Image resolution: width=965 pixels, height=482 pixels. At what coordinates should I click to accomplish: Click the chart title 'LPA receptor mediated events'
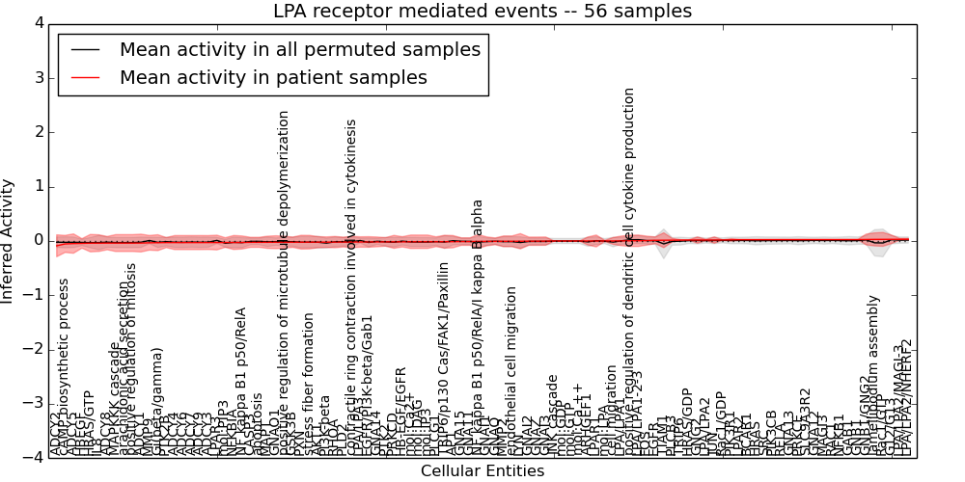coord(482,12)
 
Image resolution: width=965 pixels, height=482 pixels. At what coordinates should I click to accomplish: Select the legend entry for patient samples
coord(273,78)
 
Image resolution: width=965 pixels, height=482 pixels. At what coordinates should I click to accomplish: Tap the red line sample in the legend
coord(86,78)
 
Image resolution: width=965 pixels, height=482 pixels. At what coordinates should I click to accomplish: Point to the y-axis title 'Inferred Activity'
coord(9,240)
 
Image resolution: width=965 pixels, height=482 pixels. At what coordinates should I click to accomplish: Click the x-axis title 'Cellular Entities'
coord(482,471)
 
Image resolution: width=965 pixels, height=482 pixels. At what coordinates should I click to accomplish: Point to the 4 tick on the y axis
coord(39,23)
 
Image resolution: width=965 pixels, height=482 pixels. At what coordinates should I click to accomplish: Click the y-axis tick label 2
coord(39,132)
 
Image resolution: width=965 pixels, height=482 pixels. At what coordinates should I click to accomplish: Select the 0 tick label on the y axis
coord(39,240)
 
